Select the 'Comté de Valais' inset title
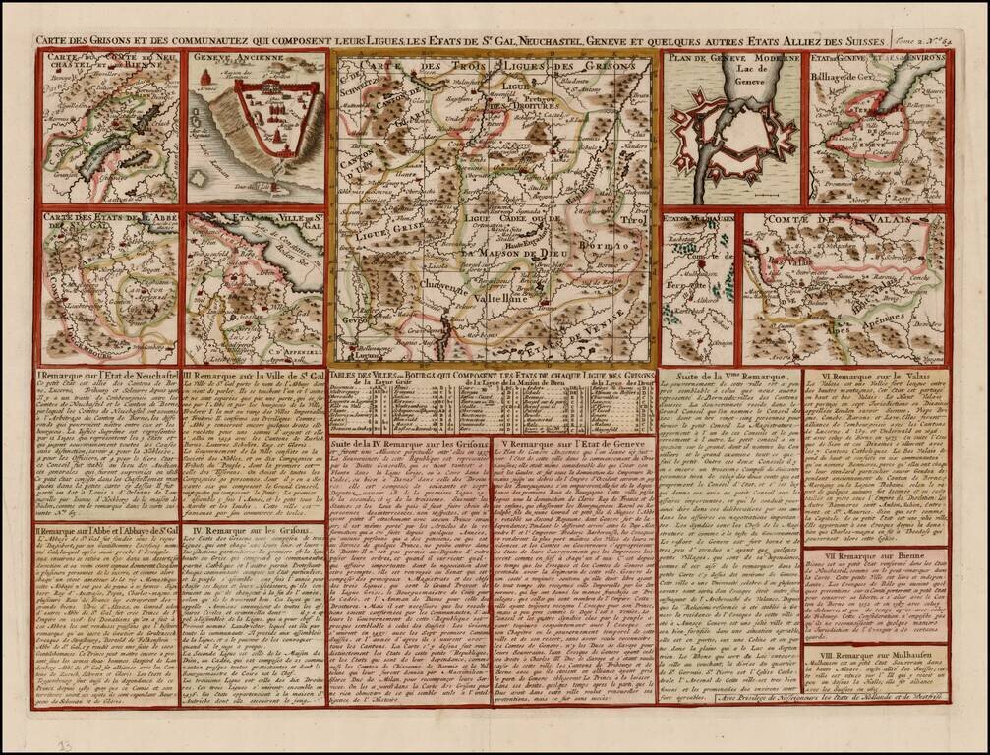point(841,222)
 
